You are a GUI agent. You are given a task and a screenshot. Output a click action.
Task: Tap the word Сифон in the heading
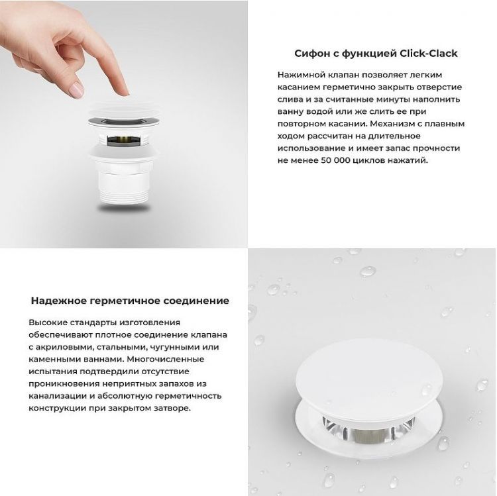click(309, 54)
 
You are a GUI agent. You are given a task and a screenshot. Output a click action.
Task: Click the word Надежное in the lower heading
click(55, 301)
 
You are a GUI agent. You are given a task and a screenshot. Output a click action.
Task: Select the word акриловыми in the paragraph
click(64, 347)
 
